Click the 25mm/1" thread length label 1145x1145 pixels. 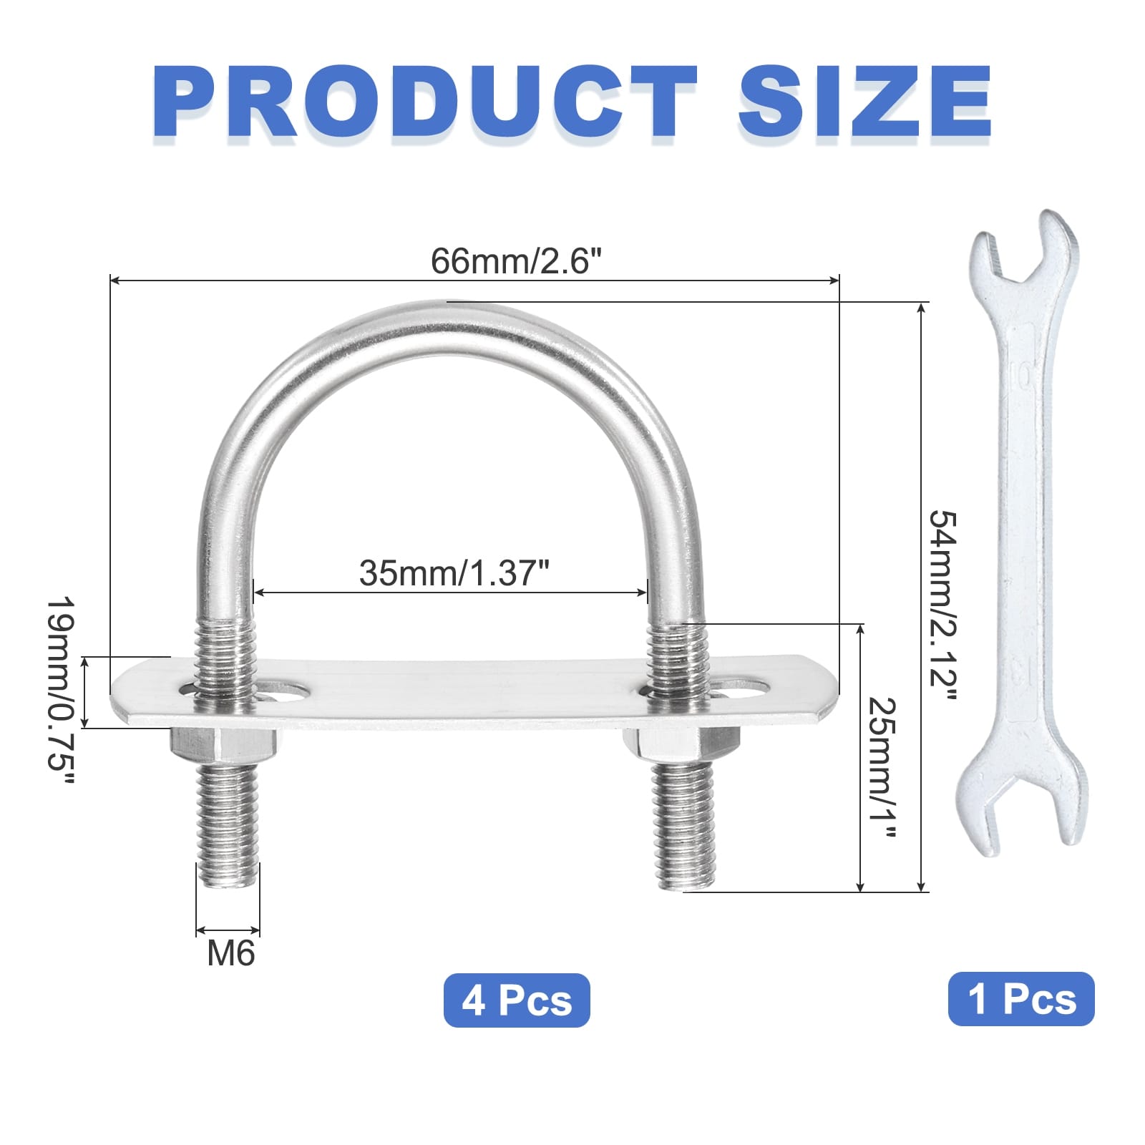coord(882,767)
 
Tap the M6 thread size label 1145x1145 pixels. coord(230,953)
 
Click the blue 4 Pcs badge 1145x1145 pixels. coord(517,1000)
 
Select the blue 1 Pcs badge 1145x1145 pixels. coord(1021,999)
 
